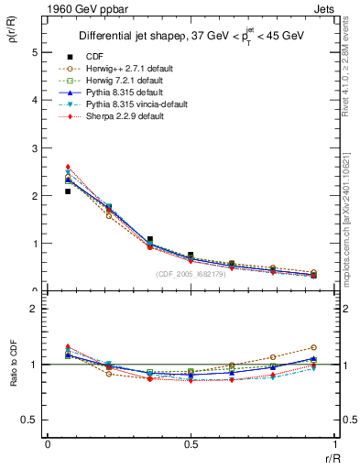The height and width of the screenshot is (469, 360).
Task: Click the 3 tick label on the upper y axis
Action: [x=35, y=147]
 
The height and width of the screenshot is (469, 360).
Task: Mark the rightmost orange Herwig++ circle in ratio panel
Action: [x=313, y=347]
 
